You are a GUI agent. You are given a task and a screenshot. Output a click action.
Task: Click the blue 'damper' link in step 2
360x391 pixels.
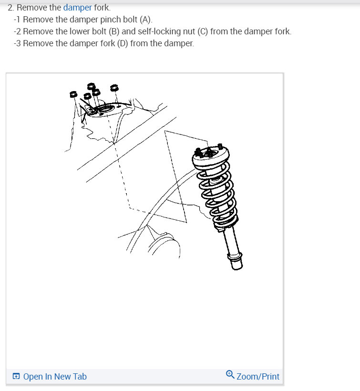pyautogui.click(x=78, y=8)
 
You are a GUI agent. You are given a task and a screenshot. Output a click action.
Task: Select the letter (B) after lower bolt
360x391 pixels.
pyautogui.click(x=114, y=31)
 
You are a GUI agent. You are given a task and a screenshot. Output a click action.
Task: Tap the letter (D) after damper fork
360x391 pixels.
pyautogui.click(x=123, y=43)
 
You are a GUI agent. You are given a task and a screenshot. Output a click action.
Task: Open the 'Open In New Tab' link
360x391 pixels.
pyautogui.click(x=55, y=377)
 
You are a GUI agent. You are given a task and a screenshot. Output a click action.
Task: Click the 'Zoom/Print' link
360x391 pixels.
pyautogui.click(x=258, y=377)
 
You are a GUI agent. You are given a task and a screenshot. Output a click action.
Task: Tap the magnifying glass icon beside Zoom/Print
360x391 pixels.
pyautogui.click(x=230, y=374)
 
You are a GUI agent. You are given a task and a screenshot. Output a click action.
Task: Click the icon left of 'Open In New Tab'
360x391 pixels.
pyautogui.click(x=16, y=376)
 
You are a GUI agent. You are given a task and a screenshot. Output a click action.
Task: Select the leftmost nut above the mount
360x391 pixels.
pyautogui.click(x=73, y=94)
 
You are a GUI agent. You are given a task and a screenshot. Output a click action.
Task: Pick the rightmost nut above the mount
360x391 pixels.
pyautogui.click(x=114, y=88)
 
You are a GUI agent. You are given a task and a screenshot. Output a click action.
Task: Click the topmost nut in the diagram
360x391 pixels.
pyautogui.click(x=91, y=86)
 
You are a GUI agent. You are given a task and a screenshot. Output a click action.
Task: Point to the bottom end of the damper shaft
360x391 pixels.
pyautogui.click(x=237, y=267)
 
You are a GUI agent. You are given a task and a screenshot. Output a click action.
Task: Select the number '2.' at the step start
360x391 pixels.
pyautogui.click(x=10, y=8)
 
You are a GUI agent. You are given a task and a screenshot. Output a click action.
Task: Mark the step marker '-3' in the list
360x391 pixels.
pyautogui.click(x=17, y=43)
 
